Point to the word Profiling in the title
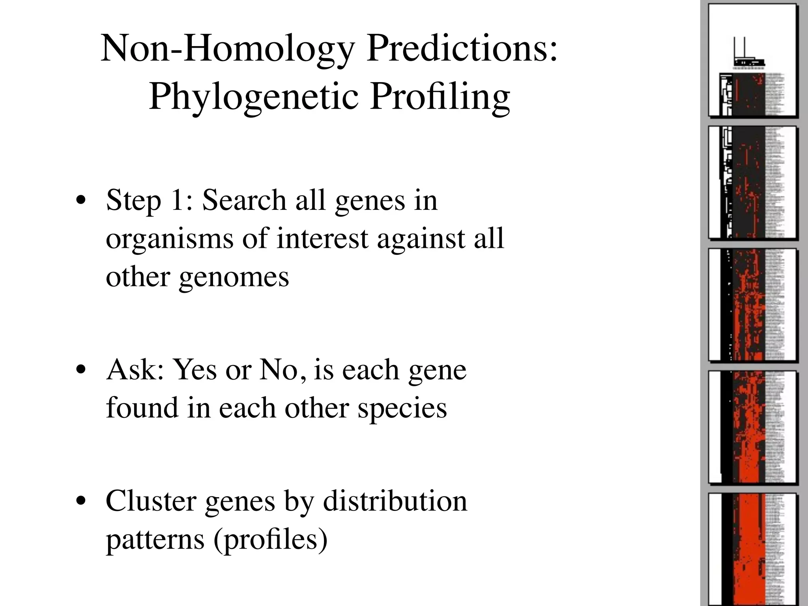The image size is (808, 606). point(440,97)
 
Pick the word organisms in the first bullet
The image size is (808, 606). point(169,239)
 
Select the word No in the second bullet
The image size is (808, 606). point(282,370)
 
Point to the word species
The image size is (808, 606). point(402,409)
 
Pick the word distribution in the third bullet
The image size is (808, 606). point(395,501)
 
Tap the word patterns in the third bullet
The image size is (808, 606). point(155,540)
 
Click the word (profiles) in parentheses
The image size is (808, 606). point(270,540)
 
